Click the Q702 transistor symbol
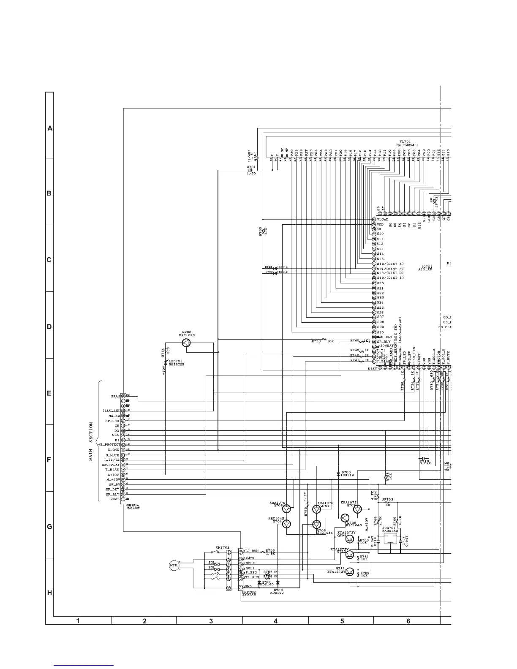(187, 343)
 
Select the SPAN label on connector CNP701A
(115, 397)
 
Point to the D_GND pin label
(114, 450)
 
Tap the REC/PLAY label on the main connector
(111, 465)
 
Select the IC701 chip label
(427, 267)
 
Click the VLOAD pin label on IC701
(383, 219)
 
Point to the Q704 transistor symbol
(287, 524)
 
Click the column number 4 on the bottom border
(275, 621)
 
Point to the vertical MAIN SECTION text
(91, 441)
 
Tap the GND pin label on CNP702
(248, 587)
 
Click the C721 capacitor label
(251, 167)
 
